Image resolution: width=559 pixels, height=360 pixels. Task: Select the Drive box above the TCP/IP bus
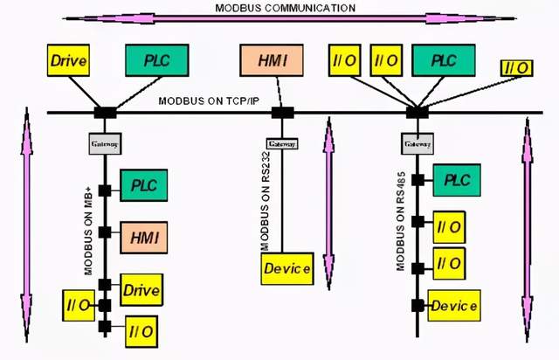coord(69,60)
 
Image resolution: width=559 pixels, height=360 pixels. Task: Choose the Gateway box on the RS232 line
coord(281,143)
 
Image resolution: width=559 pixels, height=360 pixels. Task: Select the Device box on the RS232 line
coord(287,268)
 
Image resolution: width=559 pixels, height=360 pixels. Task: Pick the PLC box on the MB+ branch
coord(143,185)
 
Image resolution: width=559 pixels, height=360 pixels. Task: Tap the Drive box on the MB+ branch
coord(143,287)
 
